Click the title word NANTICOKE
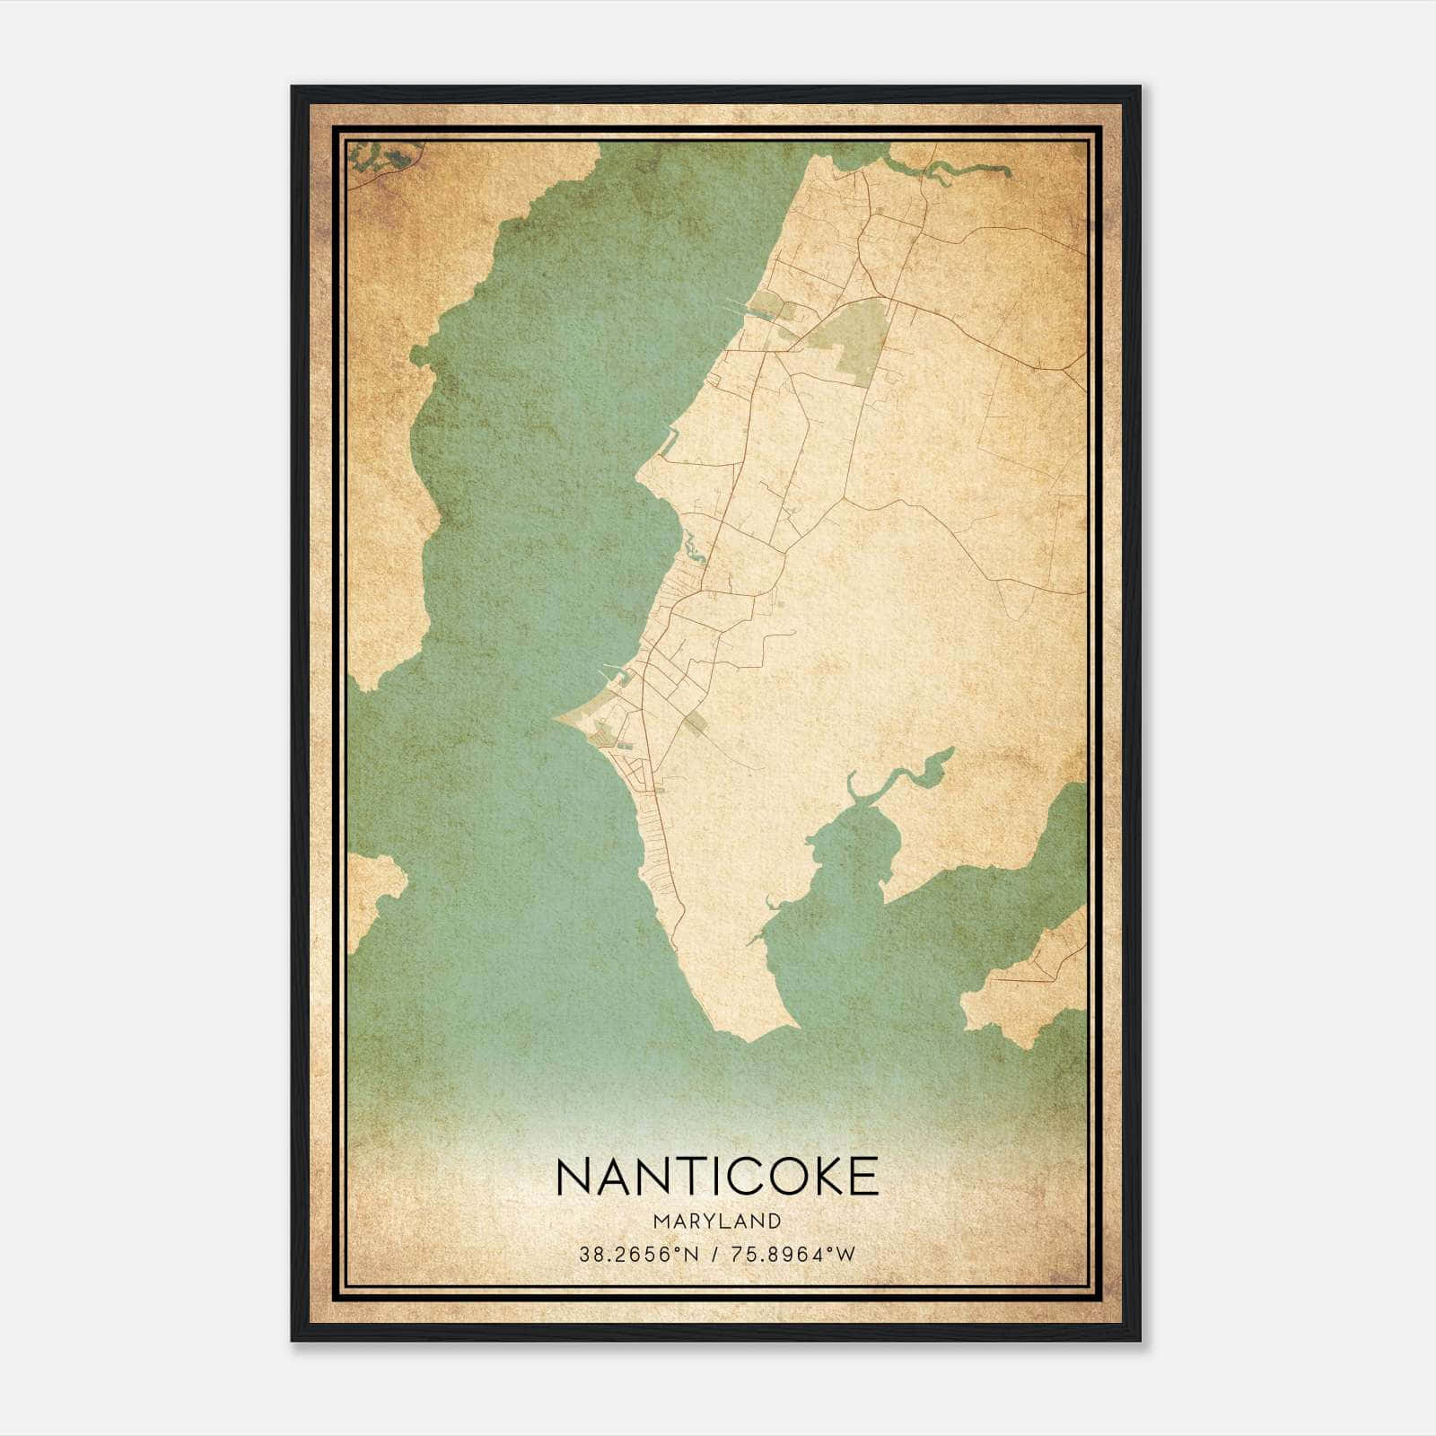tap(717, 1177)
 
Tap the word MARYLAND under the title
tap(717, 1221)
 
